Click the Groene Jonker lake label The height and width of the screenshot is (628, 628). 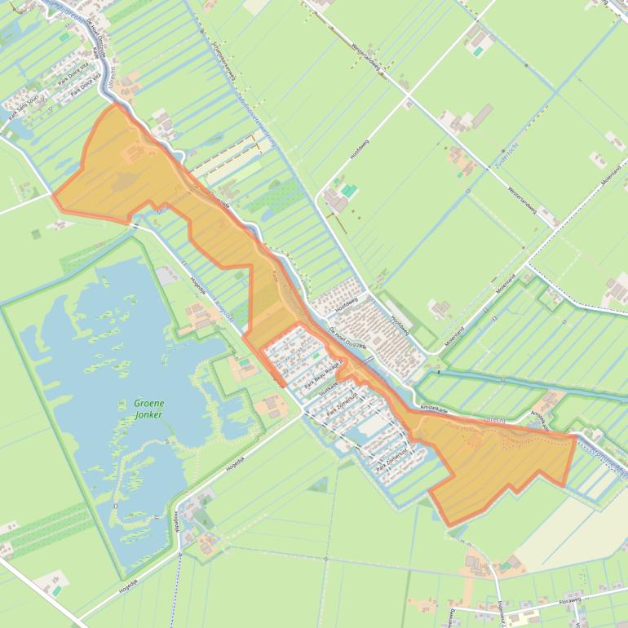149,409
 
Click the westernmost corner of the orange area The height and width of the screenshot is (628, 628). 53,196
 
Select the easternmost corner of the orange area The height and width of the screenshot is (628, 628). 576,437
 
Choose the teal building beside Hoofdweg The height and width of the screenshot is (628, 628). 349,190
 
